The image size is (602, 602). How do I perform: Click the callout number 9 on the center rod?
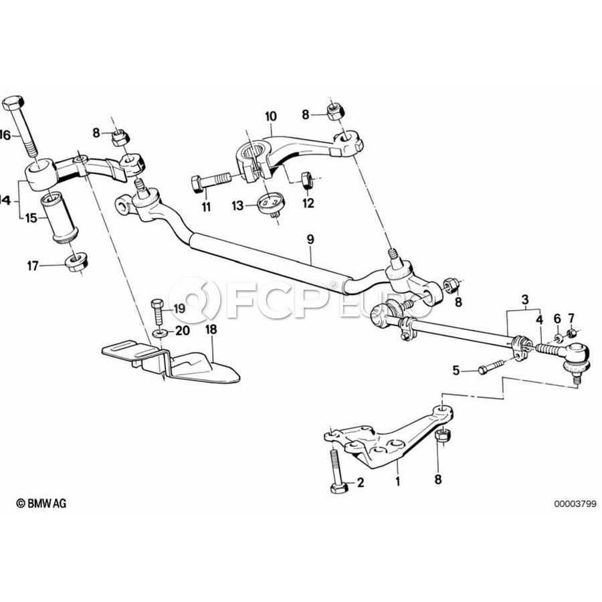click(x=310, y=239)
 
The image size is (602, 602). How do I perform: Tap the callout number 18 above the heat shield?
click(x=211, y=329)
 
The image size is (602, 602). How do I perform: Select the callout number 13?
click(x=237, y=206)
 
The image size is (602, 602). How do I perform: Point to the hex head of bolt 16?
click(x=13, y=103)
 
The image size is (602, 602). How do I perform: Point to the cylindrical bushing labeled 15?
click(x=60, y=217)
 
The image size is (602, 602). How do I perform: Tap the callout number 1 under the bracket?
click(x=398, y=481)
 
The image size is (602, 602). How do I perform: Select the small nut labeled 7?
click(x=571, y=332)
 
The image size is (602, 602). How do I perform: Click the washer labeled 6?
click(x=559, y=338)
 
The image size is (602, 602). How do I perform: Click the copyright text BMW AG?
click(x=41, y=503)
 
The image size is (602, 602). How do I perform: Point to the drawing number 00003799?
click(x=575, y=503)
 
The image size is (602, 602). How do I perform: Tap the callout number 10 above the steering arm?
click(x=271, y=116)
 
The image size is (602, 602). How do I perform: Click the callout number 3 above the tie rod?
click(x=525, y=300)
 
